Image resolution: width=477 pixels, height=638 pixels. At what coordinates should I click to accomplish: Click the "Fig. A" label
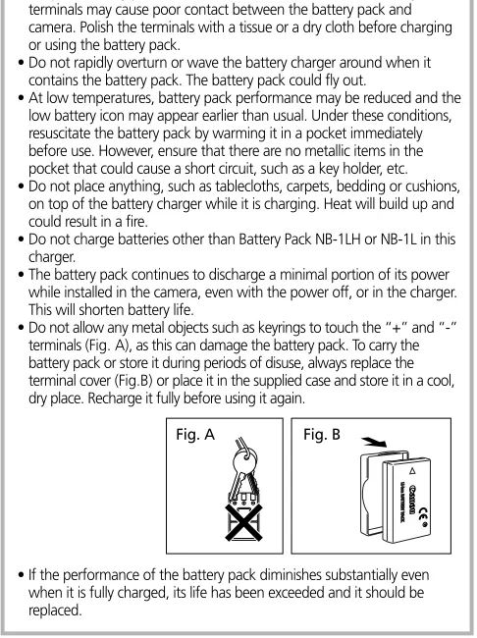195,435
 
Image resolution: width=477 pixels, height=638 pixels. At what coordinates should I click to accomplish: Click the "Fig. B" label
322,435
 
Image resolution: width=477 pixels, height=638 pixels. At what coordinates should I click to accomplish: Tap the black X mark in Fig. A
243,522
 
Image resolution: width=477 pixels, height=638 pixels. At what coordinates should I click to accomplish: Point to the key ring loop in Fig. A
244,460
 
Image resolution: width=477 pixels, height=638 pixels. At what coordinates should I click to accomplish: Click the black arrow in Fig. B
374,442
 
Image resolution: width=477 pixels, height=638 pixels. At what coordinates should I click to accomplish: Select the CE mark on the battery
423,513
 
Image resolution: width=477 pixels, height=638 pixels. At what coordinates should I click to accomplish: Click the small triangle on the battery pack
412,471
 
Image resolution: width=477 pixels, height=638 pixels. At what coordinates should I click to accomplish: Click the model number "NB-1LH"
338,239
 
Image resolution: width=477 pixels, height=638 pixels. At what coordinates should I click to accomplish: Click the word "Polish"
93,27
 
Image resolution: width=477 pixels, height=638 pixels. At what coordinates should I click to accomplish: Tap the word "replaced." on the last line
55,611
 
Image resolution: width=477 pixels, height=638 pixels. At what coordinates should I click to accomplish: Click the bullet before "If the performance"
22,575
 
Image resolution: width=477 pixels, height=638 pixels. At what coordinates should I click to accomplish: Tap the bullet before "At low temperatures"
22,98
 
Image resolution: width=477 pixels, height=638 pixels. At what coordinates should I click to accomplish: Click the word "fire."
133,222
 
